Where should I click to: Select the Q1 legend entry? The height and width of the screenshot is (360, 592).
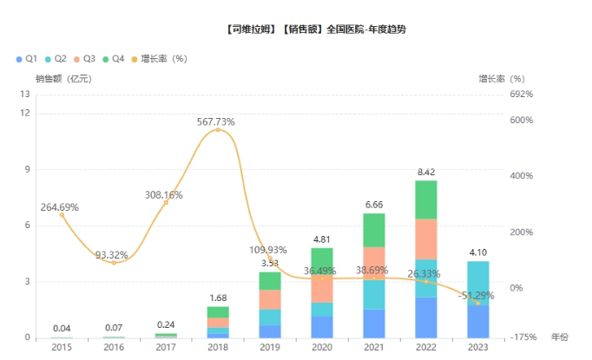(27, 59)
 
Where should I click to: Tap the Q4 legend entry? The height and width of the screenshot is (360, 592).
(115, 59)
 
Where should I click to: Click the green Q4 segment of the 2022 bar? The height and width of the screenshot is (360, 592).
(426, 200)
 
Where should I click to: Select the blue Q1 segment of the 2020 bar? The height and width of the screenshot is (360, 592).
(322, 326)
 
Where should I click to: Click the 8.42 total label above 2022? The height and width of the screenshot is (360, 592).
(426, 173)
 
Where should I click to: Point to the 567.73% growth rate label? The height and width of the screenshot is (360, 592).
(216, 122)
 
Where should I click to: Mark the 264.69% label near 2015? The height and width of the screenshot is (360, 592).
(59, 207)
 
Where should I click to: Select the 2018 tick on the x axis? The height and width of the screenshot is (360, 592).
(218, 347)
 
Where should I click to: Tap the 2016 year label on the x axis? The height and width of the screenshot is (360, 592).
(114, 347)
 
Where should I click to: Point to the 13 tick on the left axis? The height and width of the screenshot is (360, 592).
(25, 94)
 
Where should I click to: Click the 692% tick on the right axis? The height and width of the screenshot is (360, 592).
(521, 94)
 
